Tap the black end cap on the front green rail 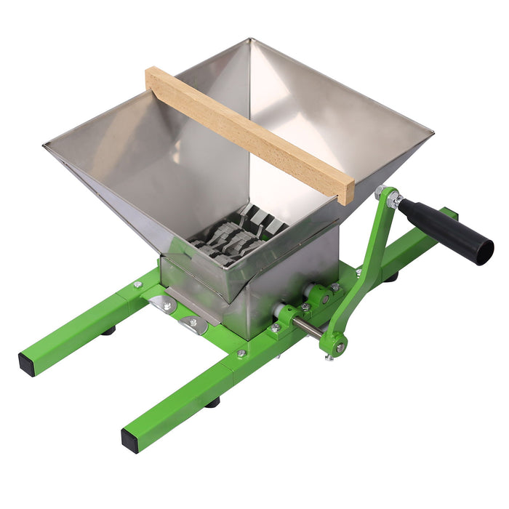(130, 438)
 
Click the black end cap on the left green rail (27, 364)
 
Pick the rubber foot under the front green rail (212, 401)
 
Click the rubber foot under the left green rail (108, 330)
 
